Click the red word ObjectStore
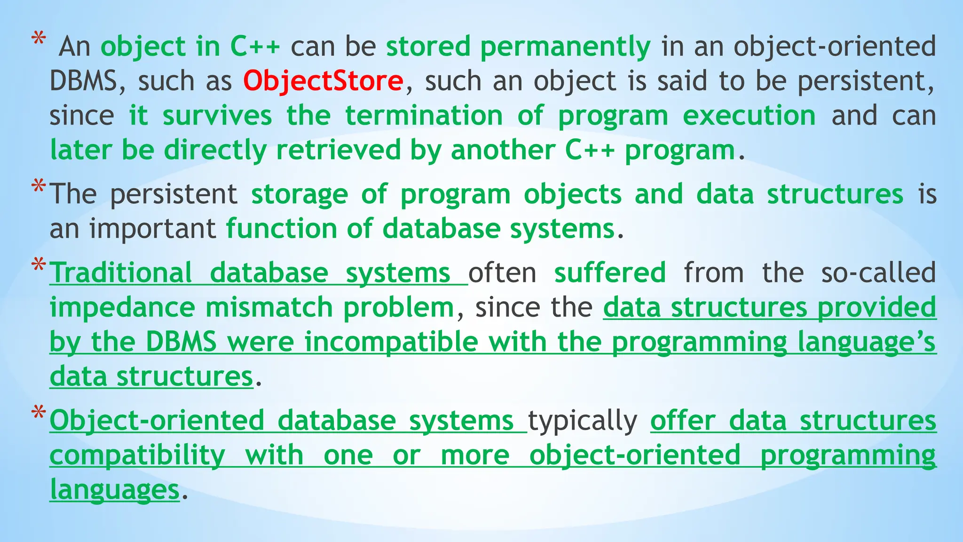click(x=323, y=81)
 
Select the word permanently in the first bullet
click(x=565, y=47)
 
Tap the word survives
click(x=217, y=116)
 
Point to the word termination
click(x=424, y=116)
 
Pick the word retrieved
click(x=338, y=151)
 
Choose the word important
click(x=153, y=229)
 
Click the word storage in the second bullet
click(x=300, y=194)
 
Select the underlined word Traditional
click(x=121, y=273)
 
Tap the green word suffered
click(x=610, y=273)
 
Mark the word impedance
click(x=122, y=308)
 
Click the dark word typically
click(x=583, y=421)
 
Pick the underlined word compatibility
click(x=137, y=455)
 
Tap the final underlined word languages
click(x=115, y=490)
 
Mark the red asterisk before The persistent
click(x=39, y=188)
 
